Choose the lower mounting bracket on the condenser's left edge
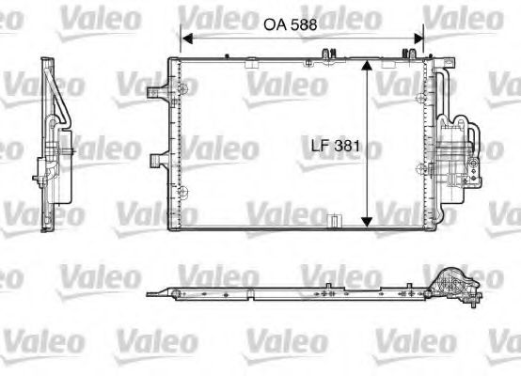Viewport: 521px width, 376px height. [161, 158]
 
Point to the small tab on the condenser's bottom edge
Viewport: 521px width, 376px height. [331, 222]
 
